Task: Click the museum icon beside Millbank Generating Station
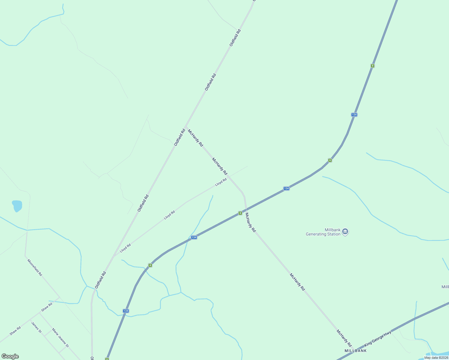point(345,232)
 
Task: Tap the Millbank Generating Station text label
point(323,232)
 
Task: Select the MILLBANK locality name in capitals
point(355,351)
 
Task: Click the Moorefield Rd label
point(35,268)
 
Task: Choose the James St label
point(36,327)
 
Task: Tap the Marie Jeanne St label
point(60,337)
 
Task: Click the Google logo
point(10,356)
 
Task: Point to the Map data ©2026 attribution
point(436,358)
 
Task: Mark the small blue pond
point(17,206)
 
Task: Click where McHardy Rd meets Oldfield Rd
point(186,127)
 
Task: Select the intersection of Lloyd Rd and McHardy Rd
point(229,176)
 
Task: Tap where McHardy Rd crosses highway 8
point(246,209)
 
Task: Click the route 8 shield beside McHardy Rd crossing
point(240,213)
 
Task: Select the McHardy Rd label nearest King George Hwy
point(344,338)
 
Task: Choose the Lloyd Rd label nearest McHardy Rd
point(221,182)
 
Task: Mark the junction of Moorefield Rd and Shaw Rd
point(59,298)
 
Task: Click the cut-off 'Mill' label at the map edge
point(445,287)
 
